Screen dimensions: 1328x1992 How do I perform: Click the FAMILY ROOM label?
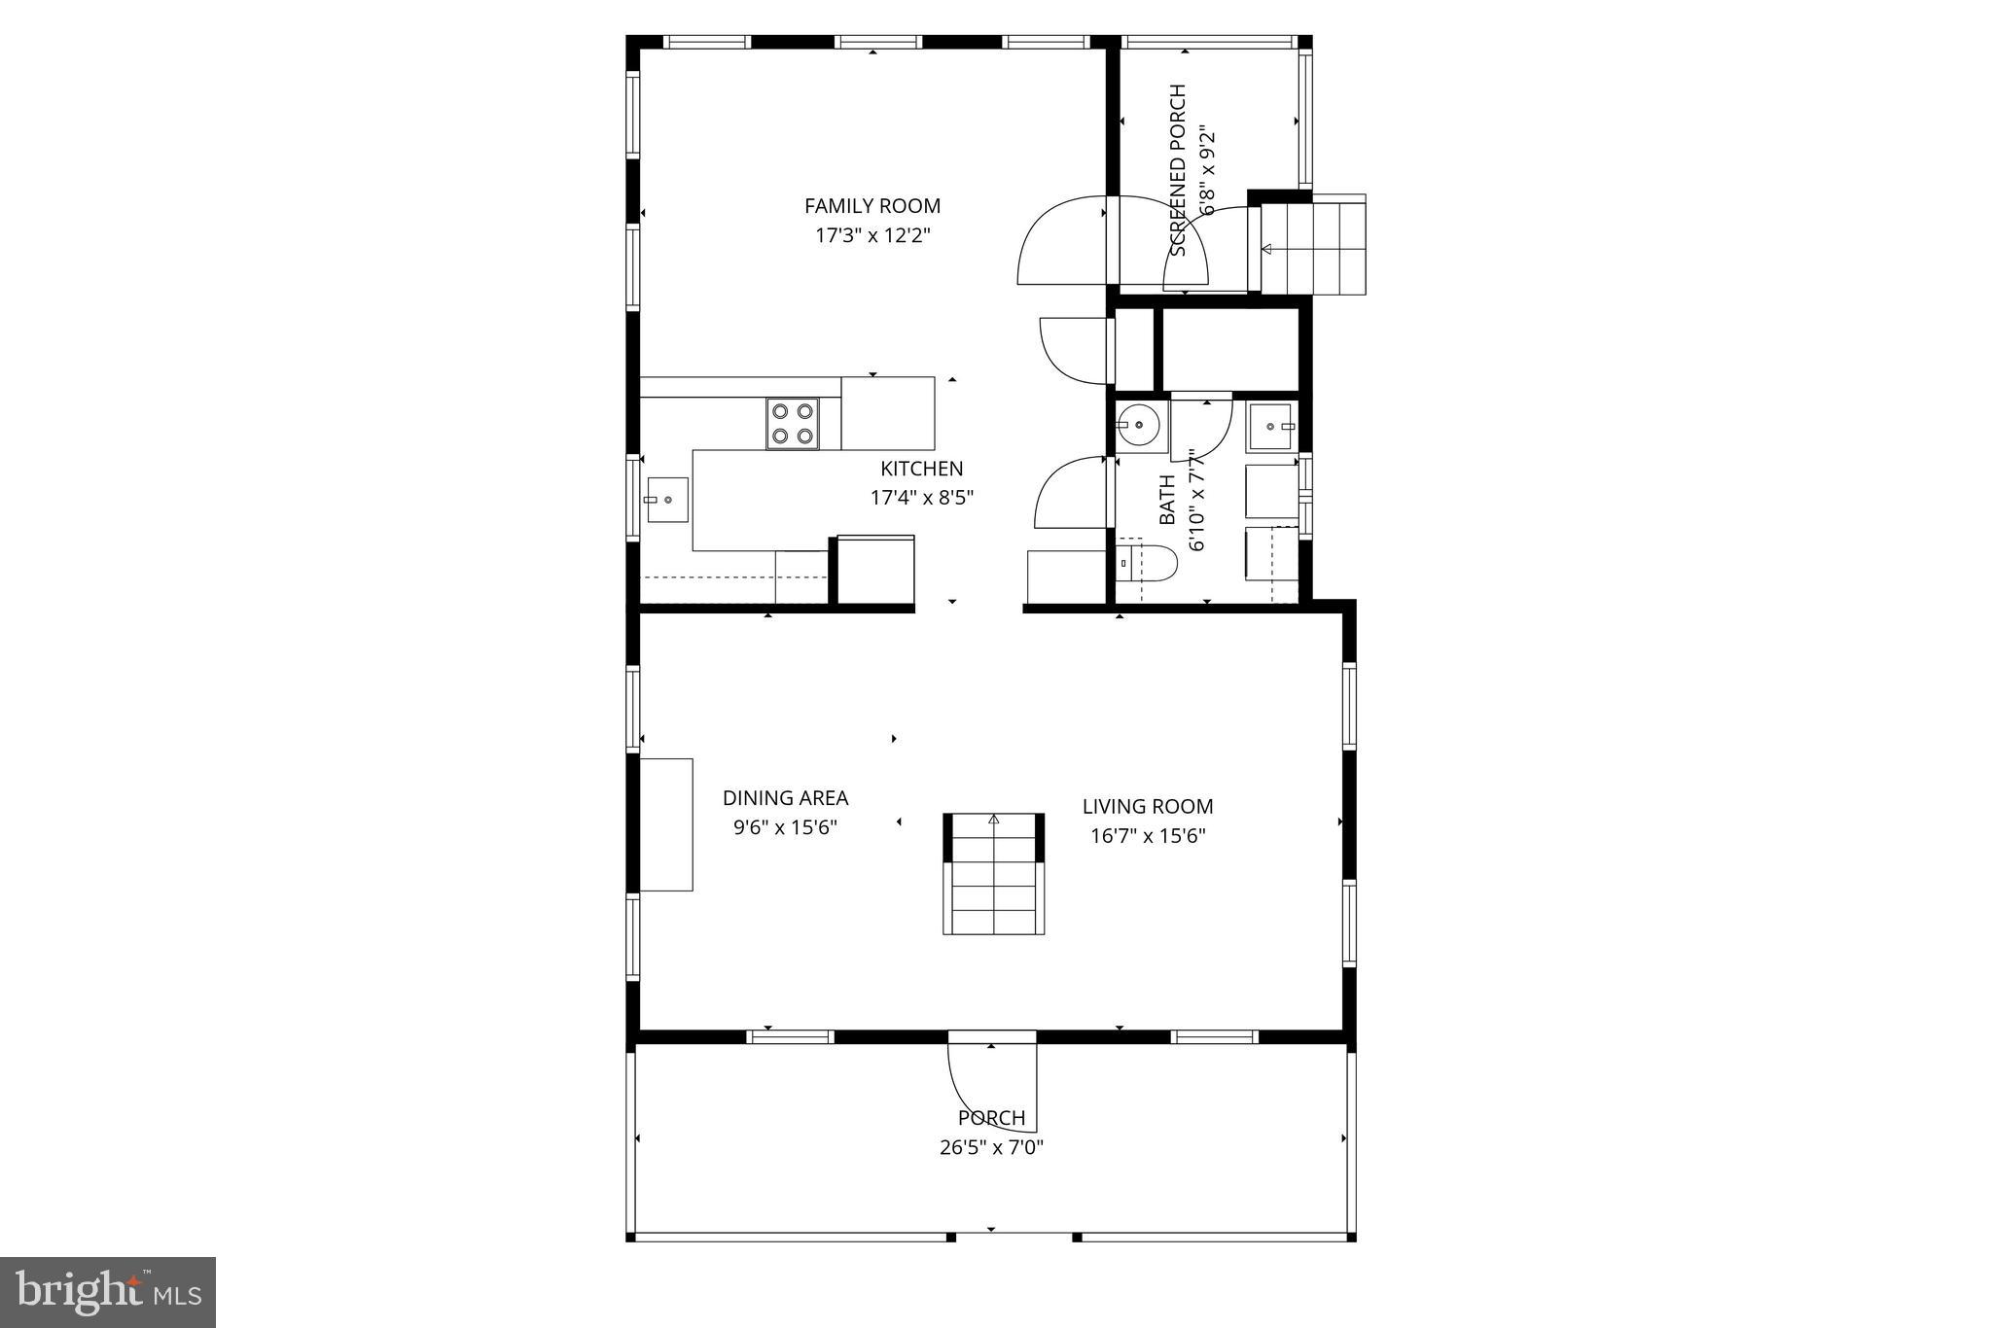pos(871,206)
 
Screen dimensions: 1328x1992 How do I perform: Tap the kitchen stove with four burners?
pos(792,424)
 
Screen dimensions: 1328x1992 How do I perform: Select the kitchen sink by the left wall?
pos(667,500)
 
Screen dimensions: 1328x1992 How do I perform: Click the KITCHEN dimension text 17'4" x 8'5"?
pos(921,498)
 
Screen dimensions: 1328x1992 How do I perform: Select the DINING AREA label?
pos(785,798)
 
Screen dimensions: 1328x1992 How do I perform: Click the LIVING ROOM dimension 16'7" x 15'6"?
pos(1148,835)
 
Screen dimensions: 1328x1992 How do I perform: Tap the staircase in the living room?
pos(993,875)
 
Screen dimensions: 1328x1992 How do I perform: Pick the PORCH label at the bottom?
pos(991,1118)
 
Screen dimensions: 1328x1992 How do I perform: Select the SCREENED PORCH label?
pos(1178,171)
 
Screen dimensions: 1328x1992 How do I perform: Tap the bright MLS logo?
pos(108,1292)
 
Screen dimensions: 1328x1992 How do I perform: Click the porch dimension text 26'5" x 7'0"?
pos(991,1147)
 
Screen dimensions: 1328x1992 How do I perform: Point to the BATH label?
pos(1167,500)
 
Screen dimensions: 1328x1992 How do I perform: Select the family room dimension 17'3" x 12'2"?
pos(871,235)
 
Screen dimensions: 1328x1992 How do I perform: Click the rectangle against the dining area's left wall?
pos(666,824)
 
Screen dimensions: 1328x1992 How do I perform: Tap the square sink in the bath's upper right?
pos(1269,427)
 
